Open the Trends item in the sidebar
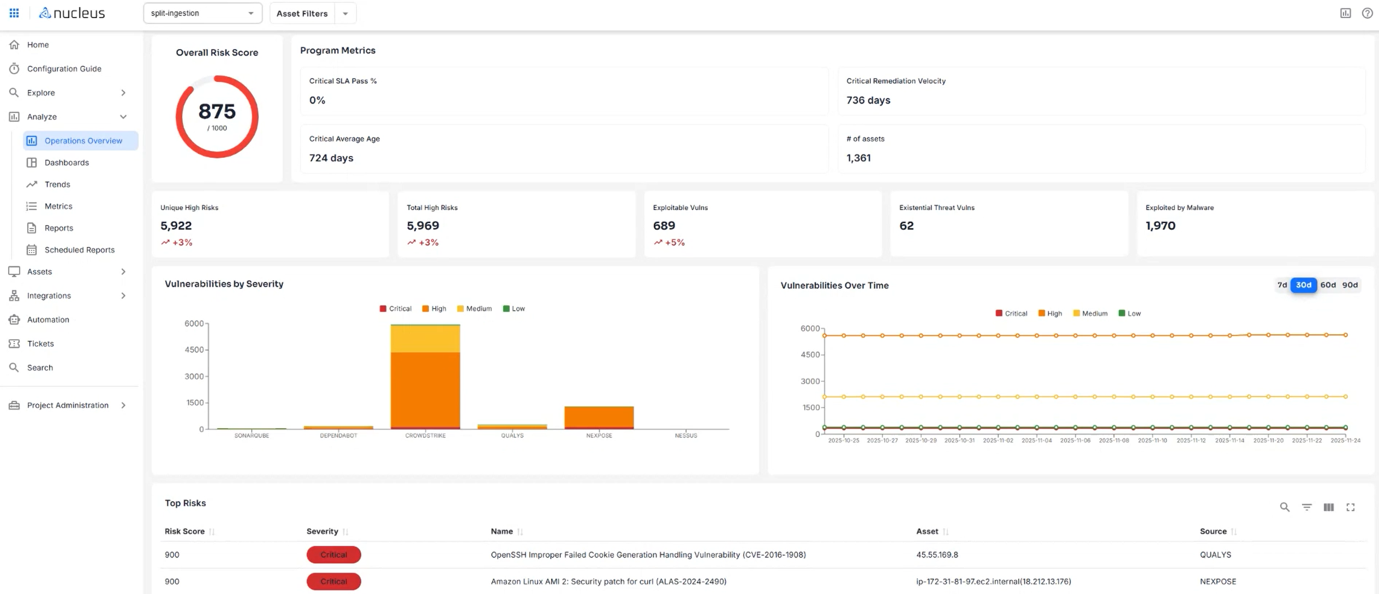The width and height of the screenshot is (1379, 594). [57, 184]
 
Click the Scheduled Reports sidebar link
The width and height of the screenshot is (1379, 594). [79, 250]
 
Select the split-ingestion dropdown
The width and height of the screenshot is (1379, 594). [202, 13]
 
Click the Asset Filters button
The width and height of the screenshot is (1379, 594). [302, 13]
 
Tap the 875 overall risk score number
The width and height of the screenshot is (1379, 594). [217, 111]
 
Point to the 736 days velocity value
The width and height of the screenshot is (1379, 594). [868, 100]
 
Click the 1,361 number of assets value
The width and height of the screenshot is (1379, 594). [858, 158]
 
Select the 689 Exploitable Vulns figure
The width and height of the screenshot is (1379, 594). [664, 225]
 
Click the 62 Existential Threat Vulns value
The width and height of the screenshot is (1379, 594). [906, 225]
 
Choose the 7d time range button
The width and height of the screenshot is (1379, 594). [1282, 285]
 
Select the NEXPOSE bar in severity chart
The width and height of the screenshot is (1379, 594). [599, 417]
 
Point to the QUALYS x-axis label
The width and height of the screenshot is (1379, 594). [512, 435]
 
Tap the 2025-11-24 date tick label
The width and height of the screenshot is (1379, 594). [1345, 440]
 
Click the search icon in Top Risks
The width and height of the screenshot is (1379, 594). [1284, 507]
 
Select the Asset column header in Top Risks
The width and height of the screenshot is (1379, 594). [927, 531]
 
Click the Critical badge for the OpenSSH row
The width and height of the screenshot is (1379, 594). [333, 555]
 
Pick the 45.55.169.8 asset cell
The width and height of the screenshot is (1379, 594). [936, 555]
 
